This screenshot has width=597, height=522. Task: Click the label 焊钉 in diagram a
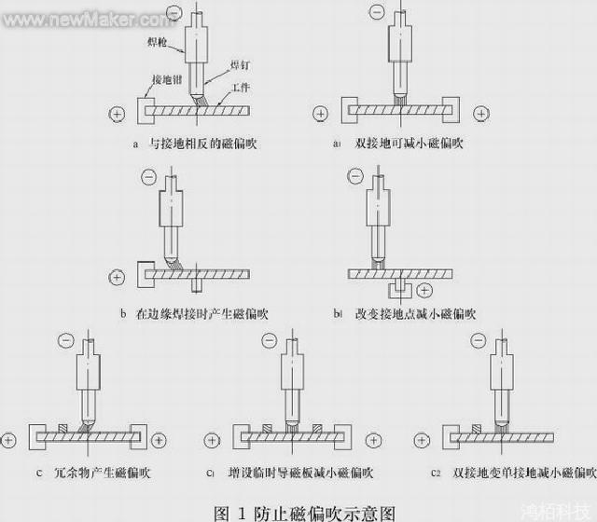click(241, 65)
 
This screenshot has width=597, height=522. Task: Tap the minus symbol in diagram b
click(148, 178)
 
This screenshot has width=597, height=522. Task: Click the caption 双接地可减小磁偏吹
click(410, 144)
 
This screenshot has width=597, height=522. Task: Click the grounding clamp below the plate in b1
click(400, 282)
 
